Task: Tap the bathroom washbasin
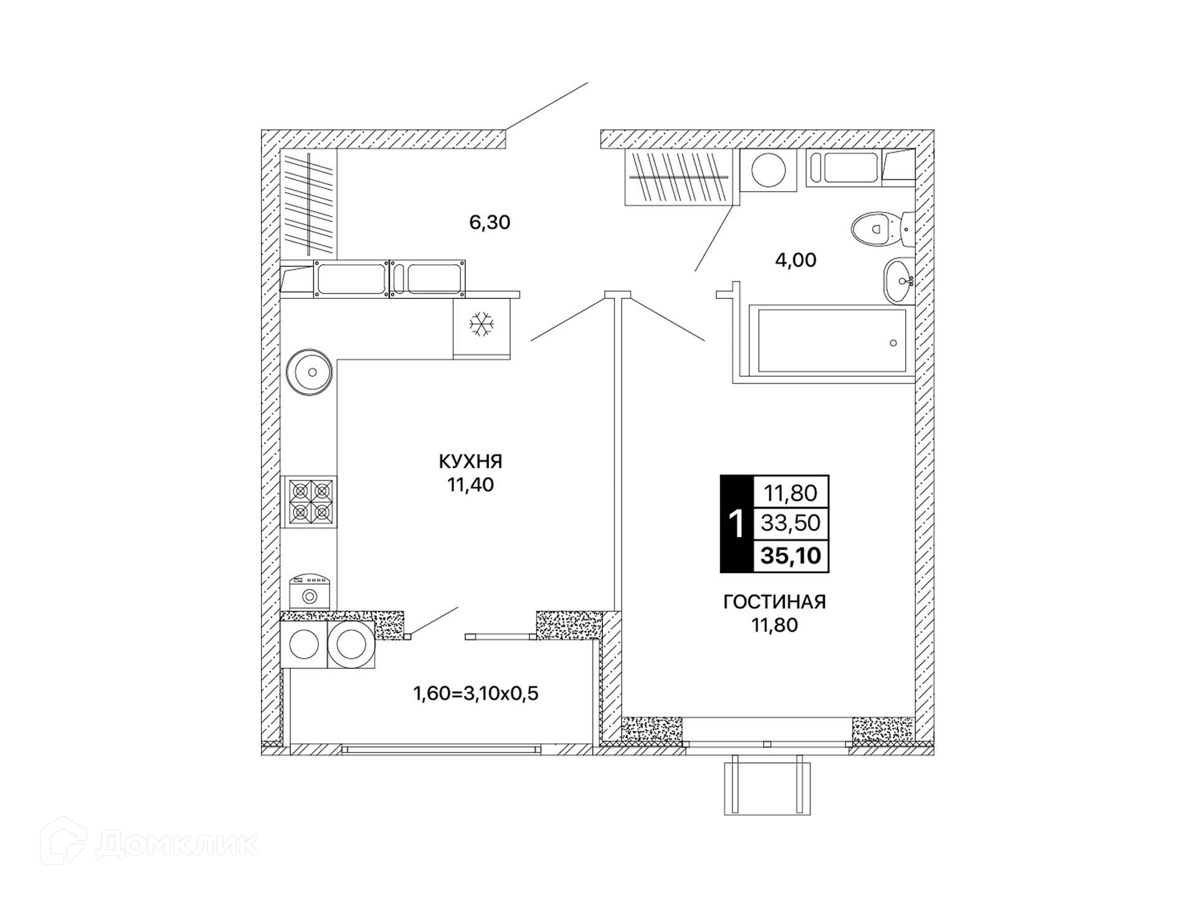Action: (898, 281)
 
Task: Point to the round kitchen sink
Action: (310, 373)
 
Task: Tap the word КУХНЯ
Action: (470, 462)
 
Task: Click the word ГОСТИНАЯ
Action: (774, 602)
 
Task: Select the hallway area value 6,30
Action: (490, 222)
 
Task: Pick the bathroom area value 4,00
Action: (795, 260)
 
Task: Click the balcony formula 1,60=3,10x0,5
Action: (475, 693)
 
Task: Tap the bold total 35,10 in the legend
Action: (790, 556)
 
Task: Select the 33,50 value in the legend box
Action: (790, 523)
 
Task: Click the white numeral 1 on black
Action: (736, 524)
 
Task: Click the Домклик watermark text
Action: (178, 845)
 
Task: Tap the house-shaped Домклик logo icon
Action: (64, 841)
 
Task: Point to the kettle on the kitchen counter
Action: (310, 592)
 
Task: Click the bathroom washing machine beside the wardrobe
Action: (768, 169)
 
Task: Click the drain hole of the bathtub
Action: (893, 343)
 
